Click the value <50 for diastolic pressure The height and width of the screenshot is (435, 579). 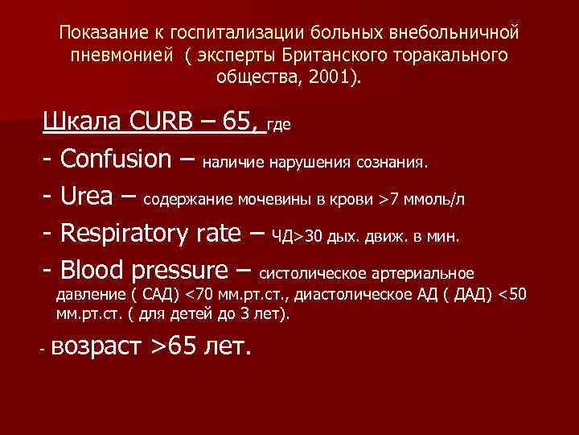pos(513,295)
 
